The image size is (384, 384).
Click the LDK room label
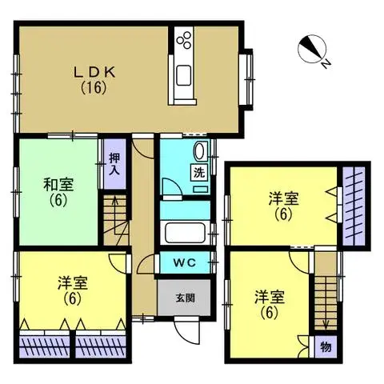95,70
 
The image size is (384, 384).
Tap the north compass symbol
310,50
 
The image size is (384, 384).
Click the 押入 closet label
114,164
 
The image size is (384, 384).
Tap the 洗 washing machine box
197,172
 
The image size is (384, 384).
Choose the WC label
184,262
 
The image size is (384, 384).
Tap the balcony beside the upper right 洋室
353,206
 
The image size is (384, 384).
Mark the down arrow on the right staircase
326,322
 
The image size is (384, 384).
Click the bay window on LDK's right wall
250,80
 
